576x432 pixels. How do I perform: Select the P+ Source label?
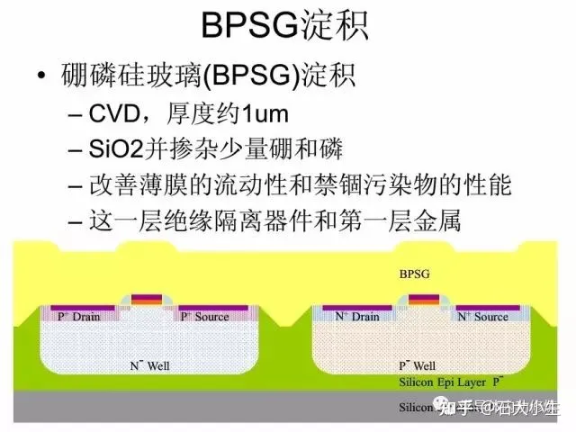click(x=204, y=317)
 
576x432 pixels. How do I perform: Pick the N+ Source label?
click(x=483, y=317)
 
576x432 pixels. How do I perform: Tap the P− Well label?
click(x=418, y=366)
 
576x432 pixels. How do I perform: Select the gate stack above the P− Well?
click(x=422, y=301)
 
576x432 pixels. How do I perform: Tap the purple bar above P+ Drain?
click(x=83, y=307)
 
